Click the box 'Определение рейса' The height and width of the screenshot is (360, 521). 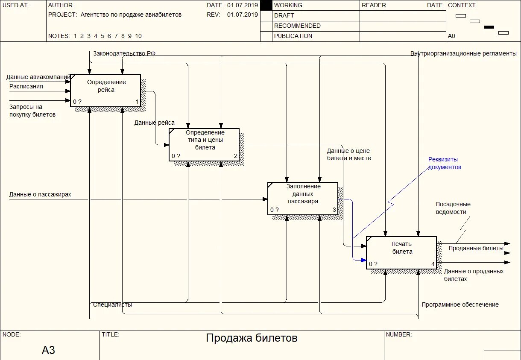pos(105,90)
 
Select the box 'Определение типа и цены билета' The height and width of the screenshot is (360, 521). pos(204,144)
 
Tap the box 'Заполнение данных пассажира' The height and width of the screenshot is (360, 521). pos(303,198)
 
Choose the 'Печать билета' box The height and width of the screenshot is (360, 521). pos(401,252)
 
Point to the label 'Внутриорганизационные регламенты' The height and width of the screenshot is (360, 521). pos(463,54)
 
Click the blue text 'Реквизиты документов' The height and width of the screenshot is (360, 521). pos(445,163)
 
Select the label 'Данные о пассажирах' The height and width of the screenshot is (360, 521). pos(40,195)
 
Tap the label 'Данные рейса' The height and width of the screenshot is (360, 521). pos(154,123)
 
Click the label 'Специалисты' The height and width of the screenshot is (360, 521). pos(113,305)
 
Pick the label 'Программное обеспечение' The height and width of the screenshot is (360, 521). pos(460,305)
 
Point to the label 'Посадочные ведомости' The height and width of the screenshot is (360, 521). pos(453,208)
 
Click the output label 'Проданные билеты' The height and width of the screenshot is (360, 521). pos(476,248)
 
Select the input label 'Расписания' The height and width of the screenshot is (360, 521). pos(26,86)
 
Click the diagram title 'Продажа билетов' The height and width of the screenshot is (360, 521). pos(252,339)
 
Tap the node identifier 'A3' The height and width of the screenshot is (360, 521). pos(48,351)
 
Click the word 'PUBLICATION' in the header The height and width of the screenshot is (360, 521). pos(293,36)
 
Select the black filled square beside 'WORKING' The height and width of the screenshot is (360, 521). pos(266,5)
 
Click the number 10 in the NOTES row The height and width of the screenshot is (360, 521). pos(138,36)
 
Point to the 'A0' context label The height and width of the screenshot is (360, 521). pos(451,36)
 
